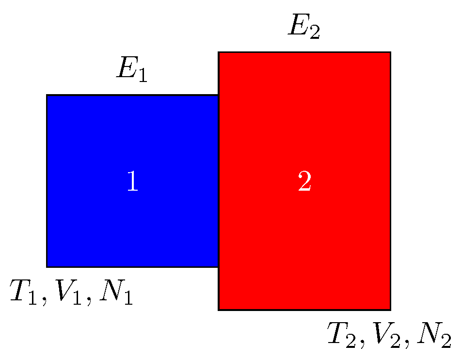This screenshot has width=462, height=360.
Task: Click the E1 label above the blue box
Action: click(131, 71)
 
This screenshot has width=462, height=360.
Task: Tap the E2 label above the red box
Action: click(304, 28)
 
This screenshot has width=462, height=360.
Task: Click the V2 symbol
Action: click(388, 335)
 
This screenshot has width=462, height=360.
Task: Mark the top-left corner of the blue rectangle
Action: click(47, 95)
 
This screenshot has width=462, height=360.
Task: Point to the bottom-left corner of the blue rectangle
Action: click(47, 266)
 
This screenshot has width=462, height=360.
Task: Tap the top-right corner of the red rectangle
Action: click(390, 52)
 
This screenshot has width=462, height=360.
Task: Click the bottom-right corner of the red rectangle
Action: click(390, 309)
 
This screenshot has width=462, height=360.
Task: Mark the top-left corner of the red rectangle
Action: click(219, 52)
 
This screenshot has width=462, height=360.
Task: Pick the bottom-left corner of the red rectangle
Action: click(219, 309)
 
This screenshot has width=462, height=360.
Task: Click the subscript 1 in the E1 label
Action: click(142, 76)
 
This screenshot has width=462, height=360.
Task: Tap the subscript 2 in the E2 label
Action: click(315, 33)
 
